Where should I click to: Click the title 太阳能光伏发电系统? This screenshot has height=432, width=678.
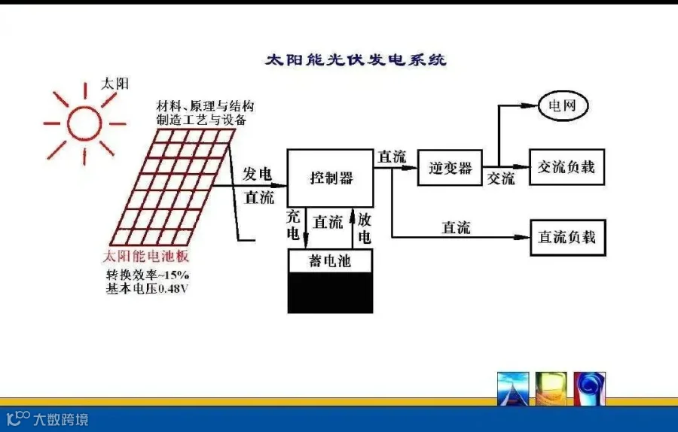[356, 59]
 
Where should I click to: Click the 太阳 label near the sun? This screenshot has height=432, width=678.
[115, 84]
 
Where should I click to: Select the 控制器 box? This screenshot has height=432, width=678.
[331, 178]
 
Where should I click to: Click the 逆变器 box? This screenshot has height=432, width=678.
[450, 167]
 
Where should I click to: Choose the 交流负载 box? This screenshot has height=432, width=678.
[567, 166]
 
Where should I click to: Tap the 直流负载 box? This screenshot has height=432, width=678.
[567, 237]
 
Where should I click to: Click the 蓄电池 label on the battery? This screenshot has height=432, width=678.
[330, 261]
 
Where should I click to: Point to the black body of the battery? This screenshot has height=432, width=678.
[330, 293]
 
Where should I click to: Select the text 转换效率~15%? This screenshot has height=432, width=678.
[147, 274]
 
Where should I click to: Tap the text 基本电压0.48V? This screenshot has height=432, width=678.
[147, 288]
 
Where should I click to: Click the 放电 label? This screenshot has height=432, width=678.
[365, 228]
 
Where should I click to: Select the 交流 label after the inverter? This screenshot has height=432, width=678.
[500, 179]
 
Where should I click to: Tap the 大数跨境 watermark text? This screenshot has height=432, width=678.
[60, 418]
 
